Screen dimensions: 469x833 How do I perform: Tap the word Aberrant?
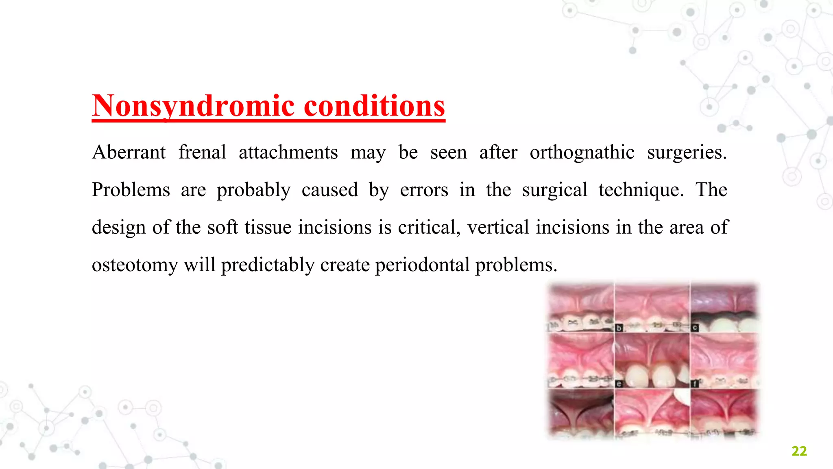click(x=129, y=153)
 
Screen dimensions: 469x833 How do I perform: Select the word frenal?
click(x=202, y=153)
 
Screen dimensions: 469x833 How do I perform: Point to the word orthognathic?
click(x=582, y=153)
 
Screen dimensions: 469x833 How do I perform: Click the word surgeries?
click(x=687, y=153)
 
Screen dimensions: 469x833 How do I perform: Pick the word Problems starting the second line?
click(x=131, y=190)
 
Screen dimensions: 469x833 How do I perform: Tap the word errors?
click(x=424, y=190)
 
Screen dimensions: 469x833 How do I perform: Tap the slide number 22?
click(x=799, y=451)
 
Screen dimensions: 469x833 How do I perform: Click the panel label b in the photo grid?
click(x=619, y=328)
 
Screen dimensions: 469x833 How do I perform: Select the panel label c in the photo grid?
click(x=695, y=328)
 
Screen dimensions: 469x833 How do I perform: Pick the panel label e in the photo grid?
click(x=619, y=384)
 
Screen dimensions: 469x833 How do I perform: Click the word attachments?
click(x=288, y=153)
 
